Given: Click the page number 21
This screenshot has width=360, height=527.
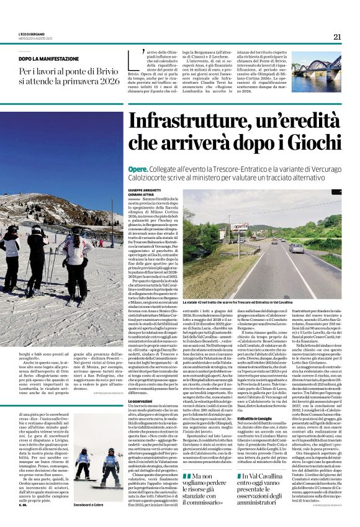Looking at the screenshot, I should click(x=337, y=37).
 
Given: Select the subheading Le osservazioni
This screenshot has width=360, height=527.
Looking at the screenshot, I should click(x=142, y=384).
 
